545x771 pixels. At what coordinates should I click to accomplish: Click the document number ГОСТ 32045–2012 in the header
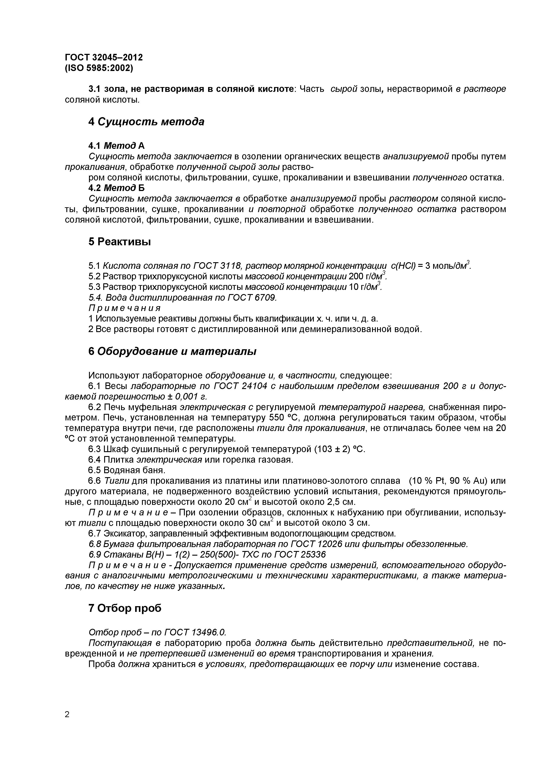click(104, 57)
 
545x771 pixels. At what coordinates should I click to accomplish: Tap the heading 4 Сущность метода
click(146, 122)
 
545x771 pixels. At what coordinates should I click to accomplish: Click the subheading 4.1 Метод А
click(116, 145)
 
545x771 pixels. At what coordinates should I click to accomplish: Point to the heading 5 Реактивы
click(120, 242)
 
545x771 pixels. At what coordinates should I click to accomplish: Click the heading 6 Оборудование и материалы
click(172, 351)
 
